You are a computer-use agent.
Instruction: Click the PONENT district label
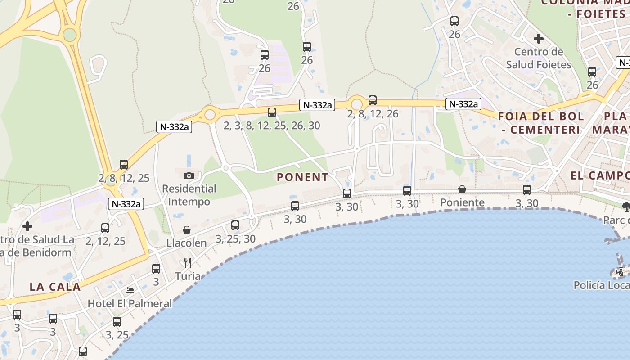(302, 177)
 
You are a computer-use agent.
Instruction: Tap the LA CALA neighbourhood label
(55, 287)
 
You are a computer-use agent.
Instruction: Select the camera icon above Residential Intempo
(189, 175)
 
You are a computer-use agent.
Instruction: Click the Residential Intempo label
(189, 195)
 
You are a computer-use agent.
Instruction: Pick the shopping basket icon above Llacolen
(187, 230)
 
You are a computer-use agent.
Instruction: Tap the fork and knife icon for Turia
(188, 263)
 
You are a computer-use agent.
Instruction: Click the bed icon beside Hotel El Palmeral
(130, 290)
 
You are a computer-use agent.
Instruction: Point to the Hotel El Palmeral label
(130, 303)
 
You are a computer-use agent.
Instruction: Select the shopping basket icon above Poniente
(462, 189)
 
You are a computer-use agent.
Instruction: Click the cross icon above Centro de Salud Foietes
(538, 39)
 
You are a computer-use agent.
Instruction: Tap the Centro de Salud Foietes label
(539, 58)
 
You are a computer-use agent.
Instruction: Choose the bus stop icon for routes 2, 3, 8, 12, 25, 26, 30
(272, 112)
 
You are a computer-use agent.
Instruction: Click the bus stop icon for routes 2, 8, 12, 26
(373, 100)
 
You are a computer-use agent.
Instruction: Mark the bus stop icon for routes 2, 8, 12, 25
(124, 165)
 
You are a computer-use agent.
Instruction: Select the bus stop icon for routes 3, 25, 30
(235, 225)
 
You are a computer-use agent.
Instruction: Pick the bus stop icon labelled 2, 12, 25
(105, 228)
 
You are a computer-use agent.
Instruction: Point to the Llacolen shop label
(187, 243)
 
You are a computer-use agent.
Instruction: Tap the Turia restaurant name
(188, 276)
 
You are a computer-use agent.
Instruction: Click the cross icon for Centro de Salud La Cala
(27, 226)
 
